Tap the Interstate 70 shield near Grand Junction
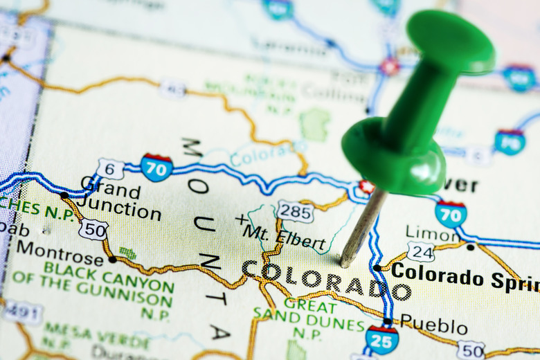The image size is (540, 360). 156,168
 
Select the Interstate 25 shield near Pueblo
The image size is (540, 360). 381,339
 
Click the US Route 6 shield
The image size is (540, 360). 110,168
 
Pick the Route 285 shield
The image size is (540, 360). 295,211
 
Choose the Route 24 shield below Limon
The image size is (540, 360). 420,251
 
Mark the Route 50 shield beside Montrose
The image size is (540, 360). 93,230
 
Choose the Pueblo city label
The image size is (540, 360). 433,325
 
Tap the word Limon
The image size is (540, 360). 432,233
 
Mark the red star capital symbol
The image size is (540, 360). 366,187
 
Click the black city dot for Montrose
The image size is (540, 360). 112,260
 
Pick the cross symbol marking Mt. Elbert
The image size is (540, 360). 241,219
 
